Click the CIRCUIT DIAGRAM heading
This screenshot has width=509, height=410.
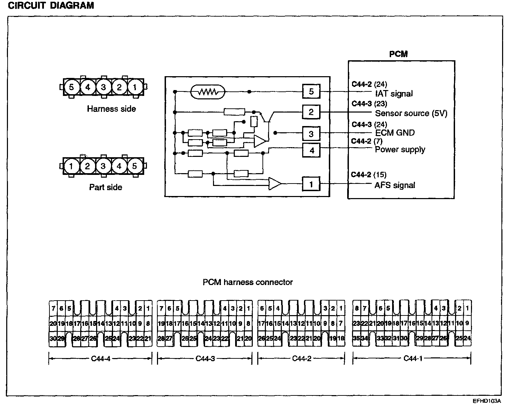tap(51, 6)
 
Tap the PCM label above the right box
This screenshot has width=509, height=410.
tap(398, 54)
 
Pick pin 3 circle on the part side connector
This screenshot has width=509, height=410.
tap(103, 166)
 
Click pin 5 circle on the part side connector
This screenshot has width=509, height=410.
tap(135, 166)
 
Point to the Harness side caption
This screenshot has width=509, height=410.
tap(111, 109)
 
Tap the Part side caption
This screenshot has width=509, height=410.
tap(105, 187)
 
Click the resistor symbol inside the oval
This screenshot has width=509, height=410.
tap(208, 92)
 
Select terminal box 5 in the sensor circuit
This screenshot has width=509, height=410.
tap(311, 91)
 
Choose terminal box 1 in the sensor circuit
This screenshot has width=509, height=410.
tap(311, 184)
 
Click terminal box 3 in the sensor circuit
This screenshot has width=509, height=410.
tap(311, 134)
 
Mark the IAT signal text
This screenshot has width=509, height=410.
tap(394, 93)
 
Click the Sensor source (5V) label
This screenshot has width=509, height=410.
tap(411, 113)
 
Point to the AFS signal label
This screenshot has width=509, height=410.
tap(395, 185)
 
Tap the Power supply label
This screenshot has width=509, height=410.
tap(400, 150)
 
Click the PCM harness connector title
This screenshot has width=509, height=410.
tap(248, 282)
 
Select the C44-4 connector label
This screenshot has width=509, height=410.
tap(101, 358)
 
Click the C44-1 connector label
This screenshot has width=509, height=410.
tap(413, 358)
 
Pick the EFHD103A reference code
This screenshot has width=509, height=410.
tap(487, 401)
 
